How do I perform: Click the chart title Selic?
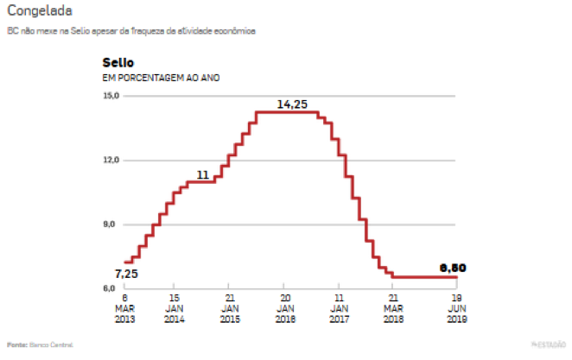click(118, 63)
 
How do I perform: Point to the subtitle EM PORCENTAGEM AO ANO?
click(161, 79)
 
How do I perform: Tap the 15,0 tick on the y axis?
click(111, 96)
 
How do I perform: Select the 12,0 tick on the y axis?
click(111, 161)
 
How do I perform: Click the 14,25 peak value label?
click(292, 104)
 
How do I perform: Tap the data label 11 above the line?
click(203, 175)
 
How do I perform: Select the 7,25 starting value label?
click(126, 275)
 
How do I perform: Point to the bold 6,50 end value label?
click(452, 268)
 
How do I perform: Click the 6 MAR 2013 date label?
click(125, 307)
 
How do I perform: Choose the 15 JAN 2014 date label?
click(174, 307)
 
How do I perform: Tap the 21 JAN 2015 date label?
click(229, 307)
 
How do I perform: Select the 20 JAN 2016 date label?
click(284, 307)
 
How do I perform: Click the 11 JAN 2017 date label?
click(339, 307)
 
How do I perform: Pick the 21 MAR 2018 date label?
click(393, 307)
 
